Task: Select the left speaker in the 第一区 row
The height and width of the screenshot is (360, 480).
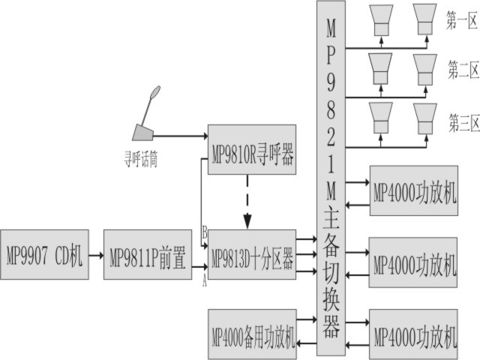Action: (x=380, y=20)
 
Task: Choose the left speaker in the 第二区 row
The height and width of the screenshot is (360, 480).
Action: (x=380, y=70)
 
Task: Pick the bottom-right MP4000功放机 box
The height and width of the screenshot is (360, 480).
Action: (x=413, y=334)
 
